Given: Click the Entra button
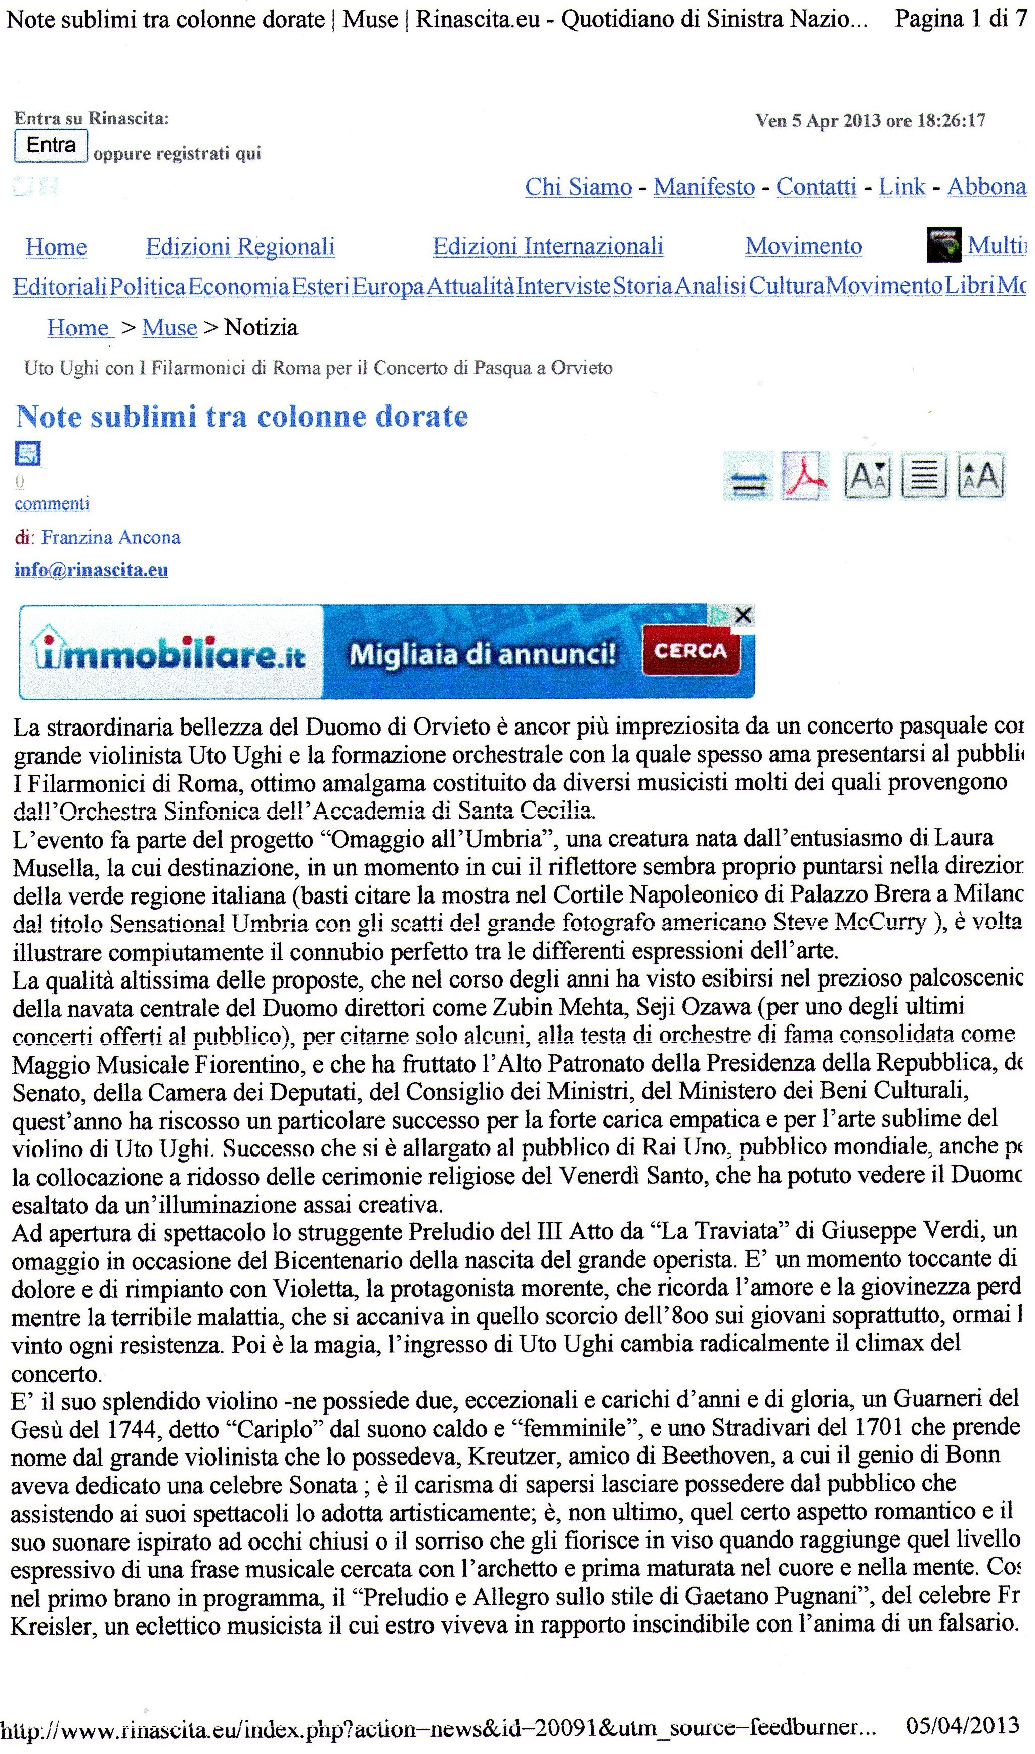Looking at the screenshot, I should point(51,145).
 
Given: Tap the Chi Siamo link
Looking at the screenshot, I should point(578,187).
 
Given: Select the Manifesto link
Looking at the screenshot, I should point(704,187).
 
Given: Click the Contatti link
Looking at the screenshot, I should point(816,187).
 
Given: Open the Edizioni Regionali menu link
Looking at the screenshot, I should point(240,247).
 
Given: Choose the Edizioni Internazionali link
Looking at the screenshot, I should point(547,246).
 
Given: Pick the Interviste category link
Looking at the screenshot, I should point(564,286).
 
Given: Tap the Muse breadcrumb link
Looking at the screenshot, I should point(169,328).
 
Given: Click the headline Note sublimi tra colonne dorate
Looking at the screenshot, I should point(242,417).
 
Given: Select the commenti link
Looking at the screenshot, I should point(52,503).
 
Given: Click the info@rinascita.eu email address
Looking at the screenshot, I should point(92,570).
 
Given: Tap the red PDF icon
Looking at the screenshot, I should point(805,477).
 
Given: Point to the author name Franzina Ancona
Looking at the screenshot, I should point(111,537).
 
